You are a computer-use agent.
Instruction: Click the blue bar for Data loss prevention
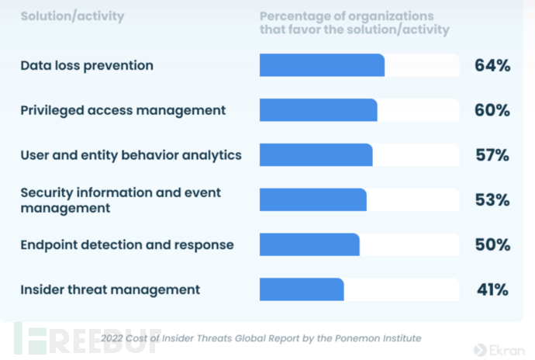(x=322, y=65)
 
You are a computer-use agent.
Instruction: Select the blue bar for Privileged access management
(x=318, y=110)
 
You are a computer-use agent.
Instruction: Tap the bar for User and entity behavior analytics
(x=316, y=154)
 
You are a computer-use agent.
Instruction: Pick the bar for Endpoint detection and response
(x=309, y=244)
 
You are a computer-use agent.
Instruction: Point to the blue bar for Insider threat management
(x=302, y=289)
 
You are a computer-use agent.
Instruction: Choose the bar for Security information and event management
(x=312, y=199)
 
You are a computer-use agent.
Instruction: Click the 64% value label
(x=492, y=65)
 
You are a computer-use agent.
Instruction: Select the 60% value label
(x=492, y=110)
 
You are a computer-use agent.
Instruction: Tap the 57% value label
(x=492, y=154)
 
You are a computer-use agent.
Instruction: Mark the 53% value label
(x=492, y=199)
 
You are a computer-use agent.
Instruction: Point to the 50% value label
(x=492, y=244)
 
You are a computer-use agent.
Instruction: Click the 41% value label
(x=492, y=289)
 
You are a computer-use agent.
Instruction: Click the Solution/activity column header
(x=72, y=16)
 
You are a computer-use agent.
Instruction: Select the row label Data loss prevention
(x=87, y=65)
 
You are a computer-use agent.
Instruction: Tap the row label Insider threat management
(x=110, y=289)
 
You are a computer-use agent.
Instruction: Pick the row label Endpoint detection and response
(x=127, y=244)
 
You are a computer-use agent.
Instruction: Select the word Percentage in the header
(x=293, y=16)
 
